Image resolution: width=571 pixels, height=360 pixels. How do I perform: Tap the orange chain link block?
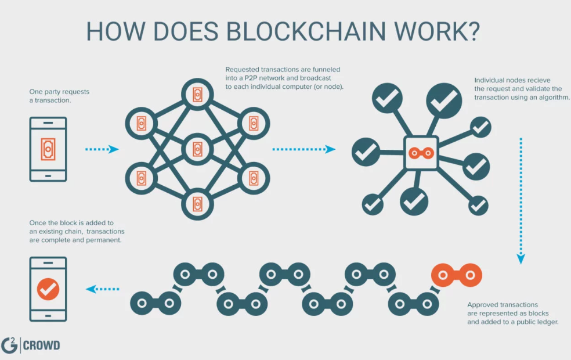coord(456,273)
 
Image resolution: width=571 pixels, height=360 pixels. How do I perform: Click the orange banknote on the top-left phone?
coord(48,149)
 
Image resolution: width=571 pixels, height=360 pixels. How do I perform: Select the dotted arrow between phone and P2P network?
coord(102,149)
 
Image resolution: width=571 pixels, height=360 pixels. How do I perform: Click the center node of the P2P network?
coord(197,150)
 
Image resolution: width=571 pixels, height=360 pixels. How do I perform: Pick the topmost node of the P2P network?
coord(197,95)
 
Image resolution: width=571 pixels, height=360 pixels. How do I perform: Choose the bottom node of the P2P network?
coord(197,204)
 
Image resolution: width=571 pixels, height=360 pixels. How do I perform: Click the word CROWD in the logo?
coord(42,346)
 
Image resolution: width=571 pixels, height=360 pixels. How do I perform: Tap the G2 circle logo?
coord(10,345)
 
